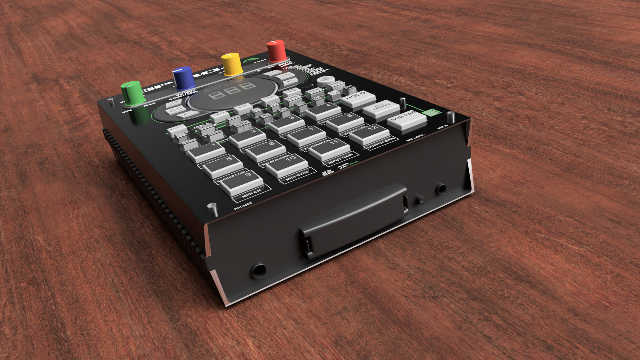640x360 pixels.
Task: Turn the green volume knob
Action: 132,92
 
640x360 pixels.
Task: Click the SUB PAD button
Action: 406,118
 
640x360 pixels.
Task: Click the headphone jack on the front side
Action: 258,270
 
